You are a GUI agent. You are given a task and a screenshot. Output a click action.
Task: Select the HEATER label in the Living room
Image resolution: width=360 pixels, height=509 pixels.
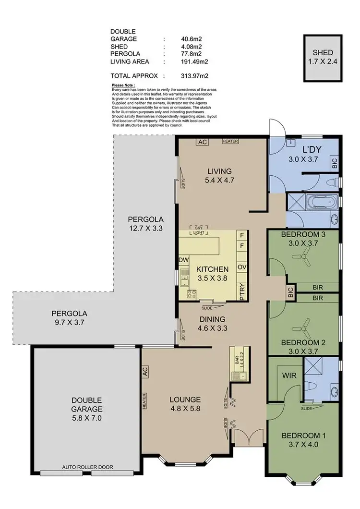point(230,141)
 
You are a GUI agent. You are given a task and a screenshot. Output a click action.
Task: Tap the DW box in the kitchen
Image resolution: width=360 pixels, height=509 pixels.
point(183,260)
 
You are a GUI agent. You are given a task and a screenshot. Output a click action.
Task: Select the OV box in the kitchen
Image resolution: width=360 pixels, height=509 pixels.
point(242,267)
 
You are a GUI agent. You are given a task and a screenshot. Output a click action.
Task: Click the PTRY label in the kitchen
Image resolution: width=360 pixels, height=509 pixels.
point(242,291)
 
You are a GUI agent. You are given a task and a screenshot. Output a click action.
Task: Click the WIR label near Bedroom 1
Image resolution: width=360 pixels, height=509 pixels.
point(288,374)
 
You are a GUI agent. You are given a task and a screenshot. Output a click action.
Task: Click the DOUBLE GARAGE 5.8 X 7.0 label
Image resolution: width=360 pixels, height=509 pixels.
point(87,409)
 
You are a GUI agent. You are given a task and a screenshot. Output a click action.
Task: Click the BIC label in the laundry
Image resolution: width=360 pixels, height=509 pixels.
point(334,162)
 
